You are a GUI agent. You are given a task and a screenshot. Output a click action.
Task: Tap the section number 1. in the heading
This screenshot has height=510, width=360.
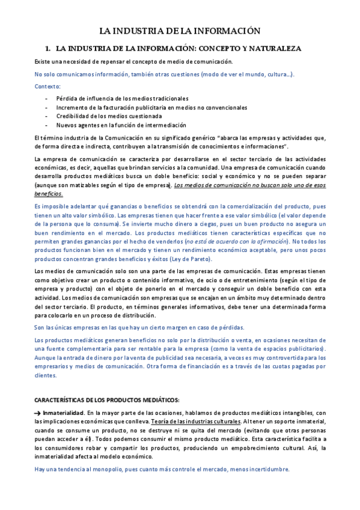[x=47, y=48]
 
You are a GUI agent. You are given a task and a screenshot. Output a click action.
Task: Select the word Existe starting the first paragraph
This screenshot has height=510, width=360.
[x=43, y=61]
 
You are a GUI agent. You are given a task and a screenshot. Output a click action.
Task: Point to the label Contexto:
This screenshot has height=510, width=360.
[x=48, y=86]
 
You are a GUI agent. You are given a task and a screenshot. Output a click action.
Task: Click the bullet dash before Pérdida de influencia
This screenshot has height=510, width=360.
[x=47, y=98]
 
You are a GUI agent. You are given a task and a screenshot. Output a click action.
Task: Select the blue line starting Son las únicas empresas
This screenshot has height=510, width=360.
[x=139, y=327]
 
